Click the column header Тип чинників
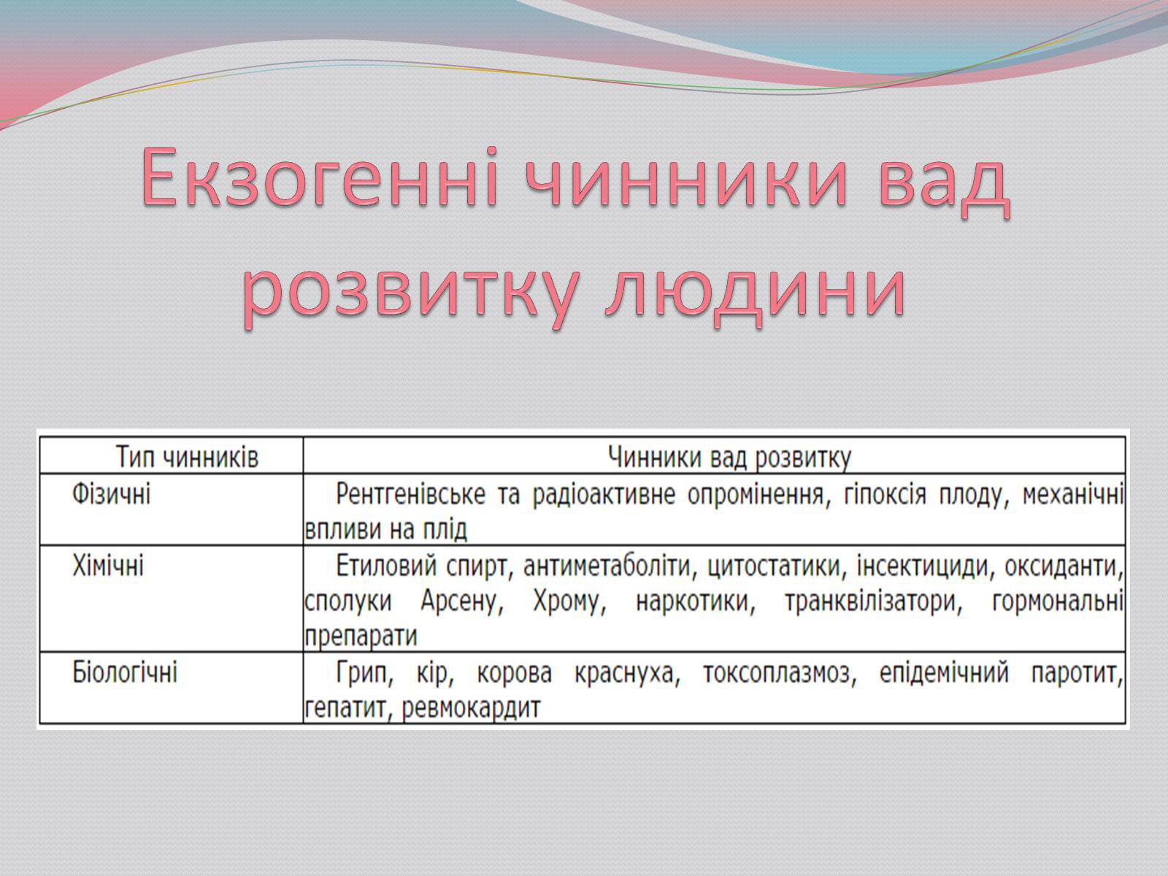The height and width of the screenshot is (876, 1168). pos(188,457)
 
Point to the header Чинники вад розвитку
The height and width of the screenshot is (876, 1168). pos(729,458)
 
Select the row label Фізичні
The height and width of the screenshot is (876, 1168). pos(111,493)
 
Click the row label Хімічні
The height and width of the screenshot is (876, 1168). pos(108,565)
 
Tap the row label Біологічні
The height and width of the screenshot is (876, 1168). pos(125,672)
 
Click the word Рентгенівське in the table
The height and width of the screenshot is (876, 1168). pos(411,495)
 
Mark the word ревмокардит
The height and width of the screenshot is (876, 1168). pos(471,708)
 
